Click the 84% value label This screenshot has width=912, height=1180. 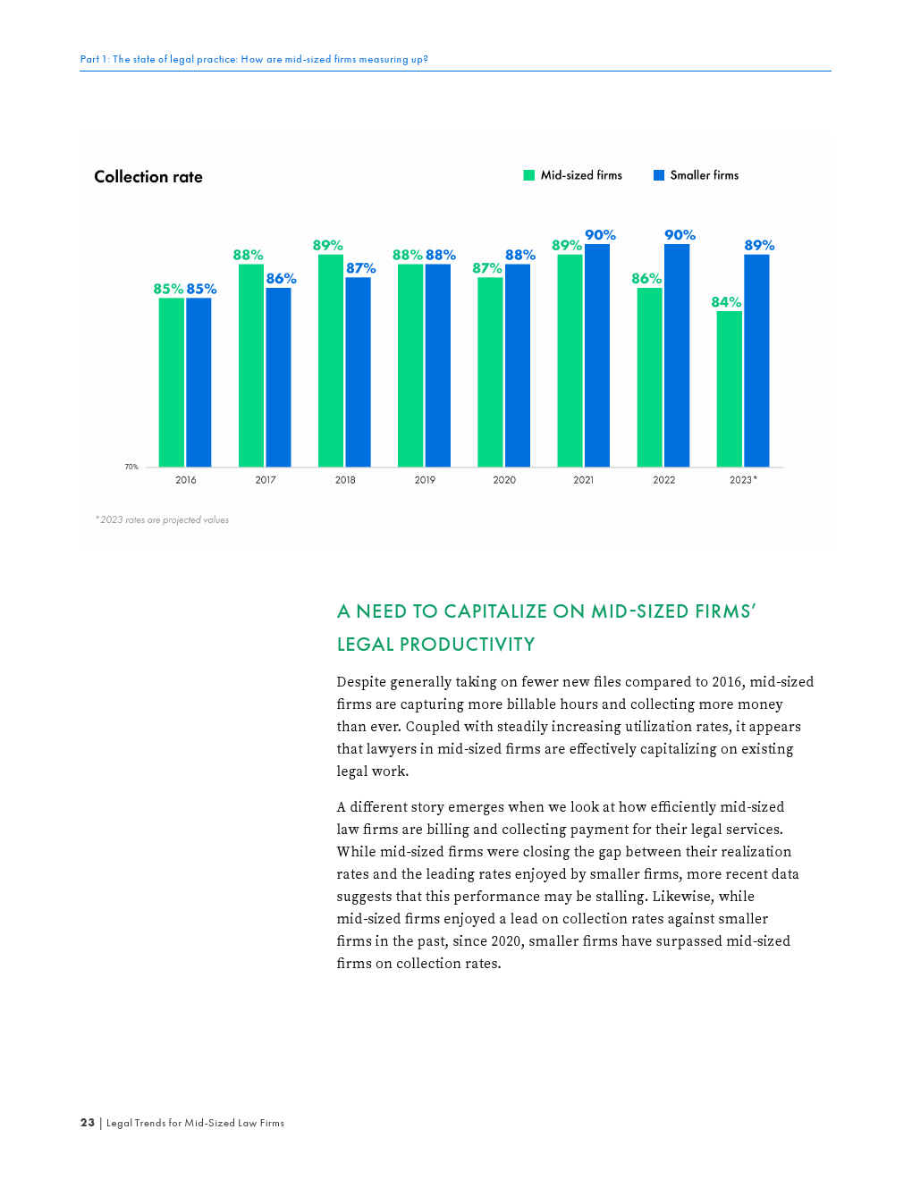click(726, 302)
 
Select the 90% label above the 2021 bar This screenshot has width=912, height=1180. click(600, 235)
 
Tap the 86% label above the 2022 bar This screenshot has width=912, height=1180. click(646, 279)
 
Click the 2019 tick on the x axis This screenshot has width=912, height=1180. click(425, 480)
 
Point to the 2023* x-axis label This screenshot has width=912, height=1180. click(743, 480)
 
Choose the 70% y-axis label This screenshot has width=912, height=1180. click(131, 467)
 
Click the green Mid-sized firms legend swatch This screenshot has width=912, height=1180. click(529, 175)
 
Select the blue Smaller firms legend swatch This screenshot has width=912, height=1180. click(659, 175)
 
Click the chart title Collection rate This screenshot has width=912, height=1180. click(148, 177)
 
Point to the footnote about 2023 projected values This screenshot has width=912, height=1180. click(162, 520)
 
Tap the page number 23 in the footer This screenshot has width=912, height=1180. click(88, 1123)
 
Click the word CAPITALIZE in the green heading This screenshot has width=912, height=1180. click(495, 611)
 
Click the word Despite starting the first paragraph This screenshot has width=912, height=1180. click(361, 682)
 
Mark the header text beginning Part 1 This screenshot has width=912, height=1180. click(254, 59)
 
